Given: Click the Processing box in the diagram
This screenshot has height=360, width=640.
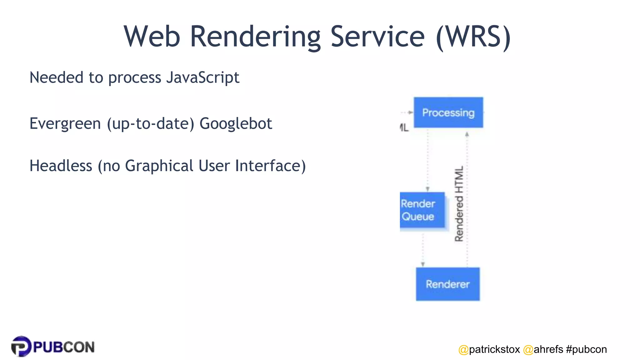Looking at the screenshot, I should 448,112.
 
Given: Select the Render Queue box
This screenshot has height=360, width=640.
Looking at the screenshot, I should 422,210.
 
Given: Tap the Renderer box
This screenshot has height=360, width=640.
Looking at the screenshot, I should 447,284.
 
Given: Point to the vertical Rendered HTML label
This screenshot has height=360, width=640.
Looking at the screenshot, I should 459,204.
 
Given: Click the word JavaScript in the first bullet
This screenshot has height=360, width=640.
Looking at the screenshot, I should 202,77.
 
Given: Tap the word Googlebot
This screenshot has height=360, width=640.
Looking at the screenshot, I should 236,124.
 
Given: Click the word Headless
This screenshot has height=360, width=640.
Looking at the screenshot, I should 61,166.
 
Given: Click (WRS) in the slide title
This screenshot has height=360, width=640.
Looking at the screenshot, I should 473,37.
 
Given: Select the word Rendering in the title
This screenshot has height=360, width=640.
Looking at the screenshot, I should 255,37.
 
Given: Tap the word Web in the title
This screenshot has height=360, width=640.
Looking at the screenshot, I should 152,37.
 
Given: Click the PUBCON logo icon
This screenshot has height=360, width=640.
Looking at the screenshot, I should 21,346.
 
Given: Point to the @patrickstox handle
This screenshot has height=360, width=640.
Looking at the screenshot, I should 489,349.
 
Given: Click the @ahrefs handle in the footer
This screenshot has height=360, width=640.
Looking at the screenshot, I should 543,349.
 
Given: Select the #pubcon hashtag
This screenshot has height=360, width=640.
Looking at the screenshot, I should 586,349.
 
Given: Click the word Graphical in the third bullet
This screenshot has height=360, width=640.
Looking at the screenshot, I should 159,166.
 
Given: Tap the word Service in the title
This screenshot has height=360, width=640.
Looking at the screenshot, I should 377,37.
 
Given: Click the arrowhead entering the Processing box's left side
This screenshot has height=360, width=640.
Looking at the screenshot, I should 411,112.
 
